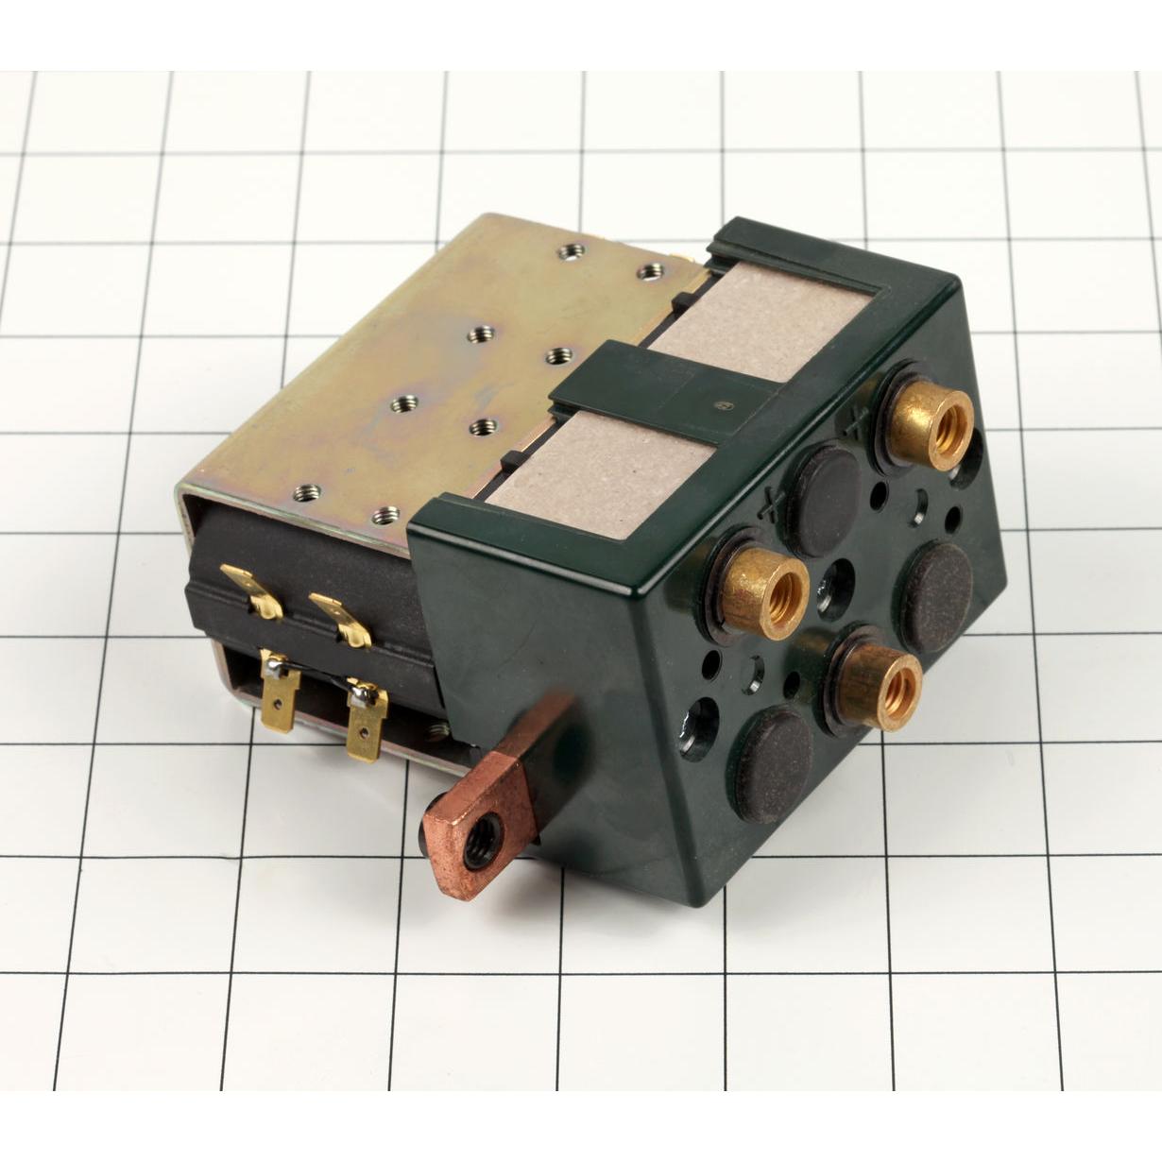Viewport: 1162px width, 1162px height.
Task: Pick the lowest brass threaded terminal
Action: click(x=880, y=675)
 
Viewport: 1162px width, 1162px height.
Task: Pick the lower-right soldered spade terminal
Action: click(x=367, y=723)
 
